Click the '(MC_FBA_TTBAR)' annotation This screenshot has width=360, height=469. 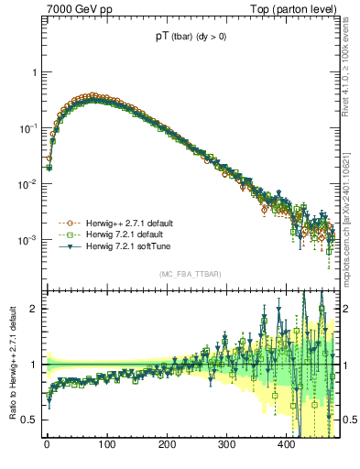[190, 274]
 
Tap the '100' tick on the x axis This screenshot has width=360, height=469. [106, 444]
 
